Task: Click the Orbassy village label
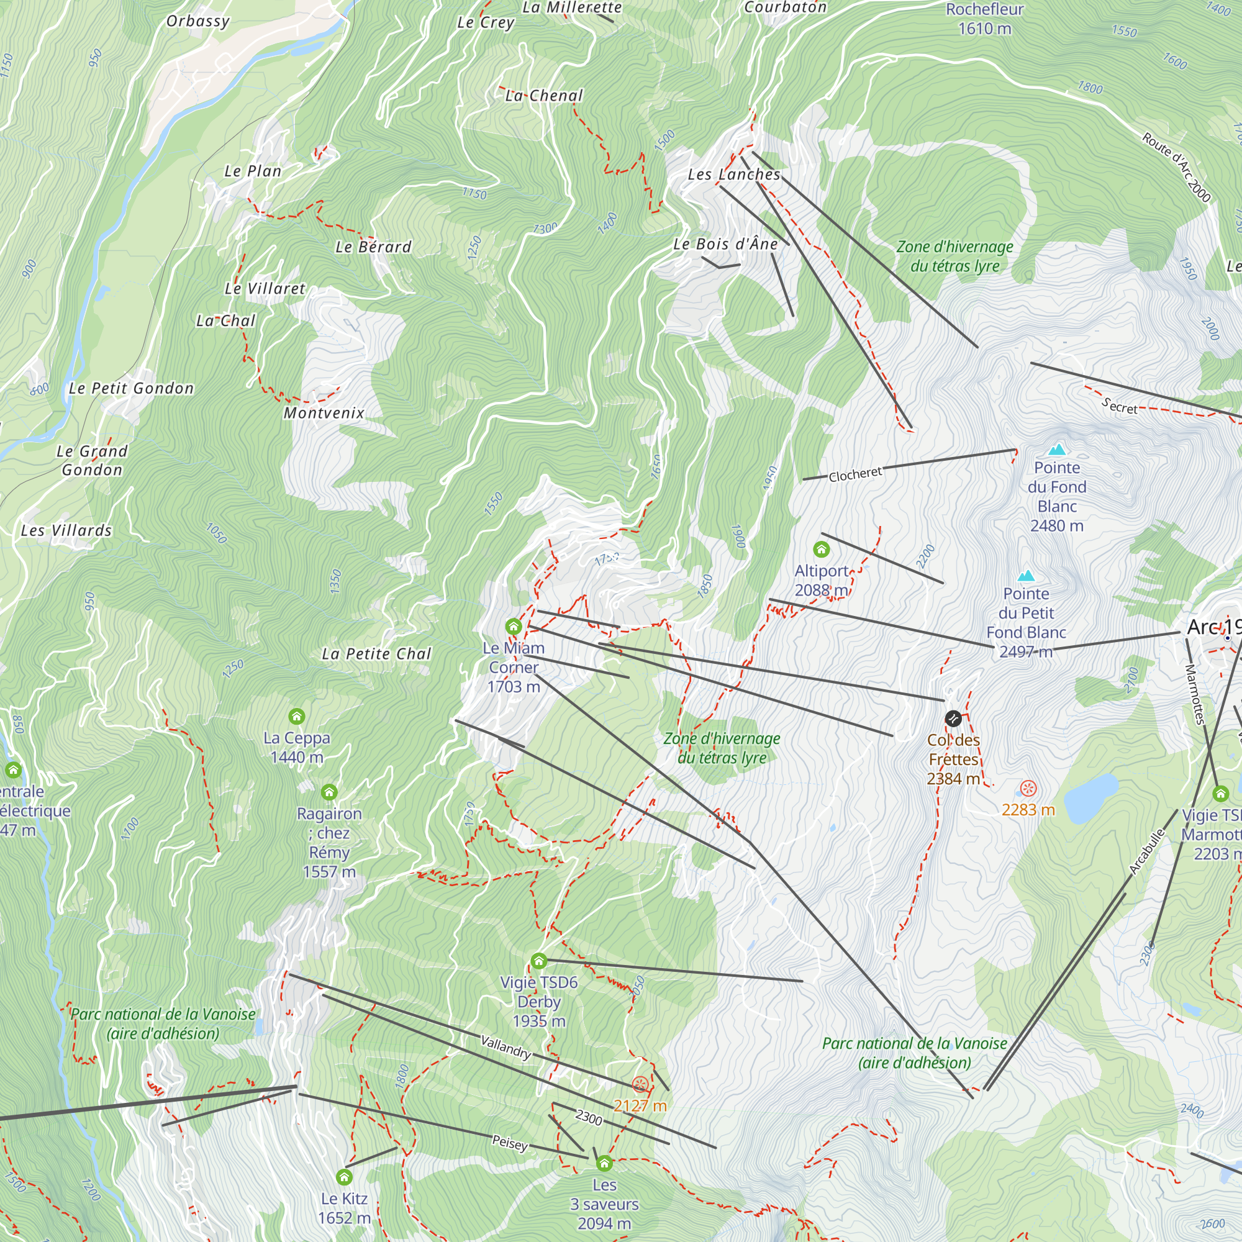pyautogui.click(x=198, y=21)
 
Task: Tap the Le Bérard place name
pyautogui.click(x=373, y=247)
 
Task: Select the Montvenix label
pyautogui.click(x=324, y=413)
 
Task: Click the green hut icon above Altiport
pyautogui.click(x=821, y=549)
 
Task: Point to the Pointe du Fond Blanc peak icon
pyautogui.click(x=1057, y=450)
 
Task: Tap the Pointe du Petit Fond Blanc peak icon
pyautogui.click(x=1026, y=576)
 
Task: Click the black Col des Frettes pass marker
pyautogui.click(x=953, y=718)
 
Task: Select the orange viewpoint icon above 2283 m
pyautogui.click(x=1028, y=788)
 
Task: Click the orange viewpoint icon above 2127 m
pyautogui.click(x=640, y=1084)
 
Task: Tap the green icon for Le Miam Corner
pyautogui.click(x=513, y=626)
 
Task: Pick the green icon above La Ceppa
pyautogui.click(x=296, y=716)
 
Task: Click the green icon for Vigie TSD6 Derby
pyautogui.click(x=538, y=961)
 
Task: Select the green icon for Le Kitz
pyautogui.click(x=344, y=1177)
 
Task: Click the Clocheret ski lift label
pyautogui.click(x=855, y=474)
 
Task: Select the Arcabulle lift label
pyautogui.click(x=1148, y=852)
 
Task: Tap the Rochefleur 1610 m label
pyautogui.click(x=984, y=19)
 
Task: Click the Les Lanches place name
pyautogui.click(x=733, y=175)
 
